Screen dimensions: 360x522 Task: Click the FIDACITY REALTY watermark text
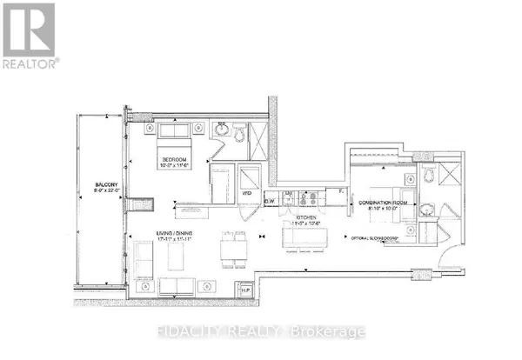(261, 332)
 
